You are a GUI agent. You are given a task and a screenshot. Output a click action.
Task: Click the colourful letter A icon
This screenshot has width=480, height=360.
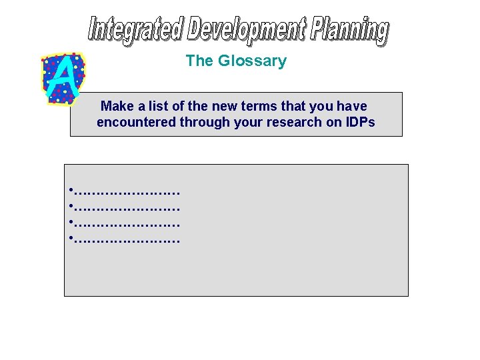pyautogui.click(x=63, y=77)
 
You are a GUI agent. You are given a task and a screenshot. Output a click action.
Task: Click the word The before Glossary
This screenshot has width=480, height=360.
pyautogui.click(x=199, y=61)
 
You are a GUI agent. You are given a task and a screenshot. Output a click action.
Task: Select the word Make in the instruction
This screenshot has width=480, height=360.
pyautogui.click(x=117, y=107)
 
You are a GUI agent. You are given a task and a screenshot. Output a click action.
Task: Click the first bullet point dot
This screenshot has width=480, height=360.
pyautogui.click(x=70, y=192)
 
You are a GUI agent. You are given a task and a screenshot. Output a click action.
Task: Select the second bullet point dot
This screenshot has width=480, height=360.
pyautogui.click(x=70, y=207)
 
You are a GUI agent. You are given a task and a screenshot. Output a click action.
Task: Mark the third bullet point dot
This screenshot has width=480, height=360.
pyautogui.click(x=70, y=223)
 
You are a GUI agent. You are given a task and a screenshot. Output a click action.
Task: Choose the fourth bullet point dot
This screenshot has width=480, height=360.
pyautogui.click(x=70, y=238)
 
